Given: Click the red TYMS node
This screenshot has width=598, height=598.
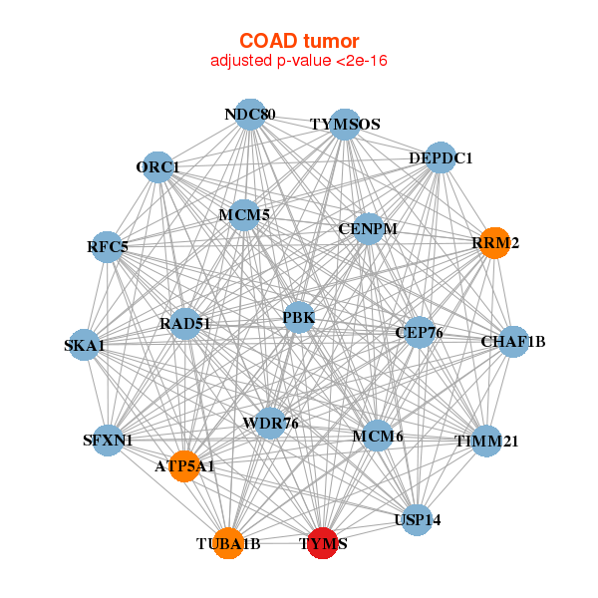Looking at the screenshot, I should (322, 543).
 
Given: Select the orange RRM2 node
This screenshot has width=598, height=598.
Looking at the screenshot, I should (494, 242).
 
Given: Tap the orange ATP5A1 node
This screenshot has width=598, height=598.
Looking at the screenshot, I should (184, 465).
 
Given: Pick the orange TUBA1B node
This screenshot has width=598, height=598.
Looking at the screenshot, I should (228, 543).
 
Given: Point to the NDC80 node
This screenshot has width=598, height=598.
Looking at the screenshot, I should (250, 115).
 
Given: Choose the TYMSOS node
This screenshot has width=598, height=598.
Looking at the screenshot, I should (345, 125).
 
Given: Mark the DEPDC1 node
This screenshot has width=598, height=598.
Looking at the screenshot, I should (441, 157).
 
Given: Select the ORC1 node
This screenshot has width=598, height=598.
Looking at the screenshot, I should (158, 166).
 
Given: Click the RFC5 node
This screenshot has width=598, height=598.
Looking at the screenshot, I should (108, 246).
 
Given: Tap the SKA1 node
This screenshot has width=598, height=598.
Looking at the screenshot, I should (84, 345).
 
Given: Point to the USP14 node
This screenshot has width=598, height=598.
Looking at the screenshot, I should (418, 520).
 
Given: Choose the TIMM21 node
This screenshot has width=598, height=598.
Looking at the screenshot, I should (486, 441).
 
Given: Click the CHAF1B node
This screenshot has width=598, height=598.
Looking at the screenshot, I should (513, 342).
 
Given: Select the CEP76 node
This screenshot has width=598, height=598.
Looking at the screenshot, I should (420, 332).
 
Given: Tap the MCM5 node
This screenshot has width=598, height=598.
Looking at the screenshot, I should (244, 214).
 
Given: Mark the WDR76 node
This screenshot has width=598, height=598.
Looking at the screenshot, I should (270, 424).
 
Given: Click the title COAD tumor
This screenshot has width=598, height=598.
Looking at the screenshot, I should (299, 41).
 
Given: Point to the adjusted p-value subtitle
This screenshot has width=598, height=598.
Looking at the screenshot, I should (299, 61).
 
